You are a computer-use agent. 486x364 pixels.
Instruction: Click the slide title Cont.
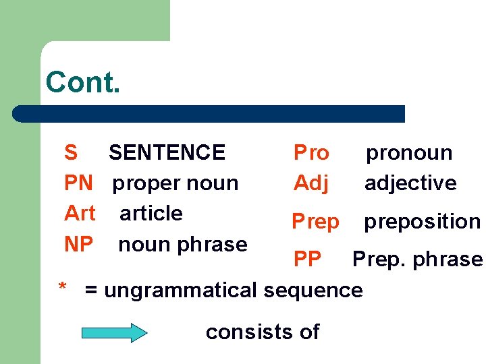pyautogui.click(x=82, y=82)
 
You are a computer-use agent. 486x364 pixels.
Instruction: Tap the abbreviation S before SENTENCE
pyautogui.click(x=71, y=152)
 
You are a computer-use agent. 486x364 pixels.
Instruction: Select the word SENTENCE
pyautogui.click(x=167, y=152)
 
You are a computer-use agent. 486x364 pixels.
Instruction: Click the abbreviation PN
pyautogui.click(x=78, y=183)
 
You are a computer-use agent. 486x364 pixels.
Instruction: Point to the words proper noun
pyautogui.click(x=175, y=183)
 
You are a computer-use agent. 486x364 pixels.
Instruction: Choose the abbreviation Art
pyautogui.click(x=80, y=213)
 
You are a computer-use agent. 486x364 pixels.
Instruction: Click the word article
pyautogui.click(x=151, y=213)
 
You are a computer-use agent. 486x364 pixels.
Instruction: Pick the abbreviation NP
pyautogui.click(x=78, y=244)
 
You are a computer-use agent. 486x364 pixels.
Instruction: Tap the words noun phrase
pyautogui.click(x=182, y=244)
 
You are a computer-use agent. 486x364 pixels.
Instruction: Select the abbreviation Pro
pyautogui.click(x=311, y=152)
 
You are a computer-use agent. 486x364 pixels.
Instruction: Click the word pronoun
pyautogui.click(x=409, y=153)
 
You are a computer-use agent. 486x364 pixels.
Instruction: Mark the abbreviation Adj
pyautogui.click(x=311, y=183)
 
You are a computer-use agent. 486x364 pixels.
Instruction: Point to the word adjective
pyautogui.click(x=410, y=183)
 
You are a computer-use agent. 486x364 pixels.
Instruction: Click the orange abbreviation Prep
pyautogui.click(x=315, y=221)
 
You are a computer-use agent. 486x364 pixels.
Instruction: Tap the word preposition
pyautogui.click(x=423, y=221)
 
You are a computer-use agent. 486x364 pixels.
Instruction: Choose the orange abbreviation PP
pyautogui.click(x=307, y=259)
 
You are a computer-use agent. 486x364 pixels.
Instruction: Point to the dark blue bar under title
pyautogui.click(x=209, y=113)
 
